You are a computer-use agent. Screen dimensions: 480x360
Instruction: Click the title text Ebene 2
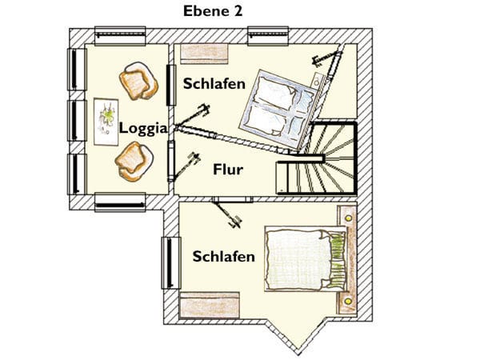coord(213,11)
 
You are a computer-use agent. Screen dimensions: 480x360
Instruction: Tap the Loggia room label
coord(143,128)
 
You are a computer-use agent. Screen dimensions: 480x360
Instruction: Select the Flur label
coord(228,170)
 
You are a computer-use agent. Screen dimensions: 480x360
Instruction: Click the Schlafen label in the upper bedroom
coord(214,83)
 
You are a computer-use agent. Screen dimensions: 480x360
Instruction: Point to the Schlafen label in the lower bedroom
coord(224,256)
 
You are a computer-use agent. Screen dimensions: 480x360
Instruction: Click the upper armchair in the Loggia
coord(138,81)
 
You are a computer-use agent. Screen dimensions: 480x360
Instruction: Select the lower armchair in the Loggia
coord(134,162)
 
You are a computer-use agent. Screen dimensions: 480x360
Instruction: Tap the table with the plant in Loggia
coord(106,122)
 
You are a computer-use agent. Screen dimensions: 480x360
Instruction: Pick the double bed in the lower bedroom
coord(306,259)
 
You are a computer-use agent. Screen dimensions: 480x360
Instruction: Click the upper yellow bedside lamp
coord(348,218)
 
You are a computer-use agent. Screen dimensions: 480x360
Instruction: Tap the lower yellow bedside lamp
coord(348,302)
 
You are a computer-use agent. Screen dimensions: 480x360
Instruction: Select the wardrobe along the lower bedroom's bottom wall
coord(209,305)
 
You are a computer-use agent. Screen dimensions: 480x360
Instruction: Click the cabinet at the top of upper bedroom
coord(204,54)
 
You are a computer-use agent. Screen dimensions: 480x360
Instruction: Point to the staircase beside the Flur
coord(317,158)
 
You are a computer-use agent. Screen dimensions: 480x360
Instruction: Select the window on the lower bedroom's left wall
coord(171,262)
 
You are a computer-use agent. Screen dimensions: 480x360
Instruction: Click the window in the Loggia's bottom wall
coord(120,202)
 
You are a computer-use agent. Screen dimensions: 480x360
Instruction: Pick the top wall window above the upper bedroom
coord(268,36)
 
